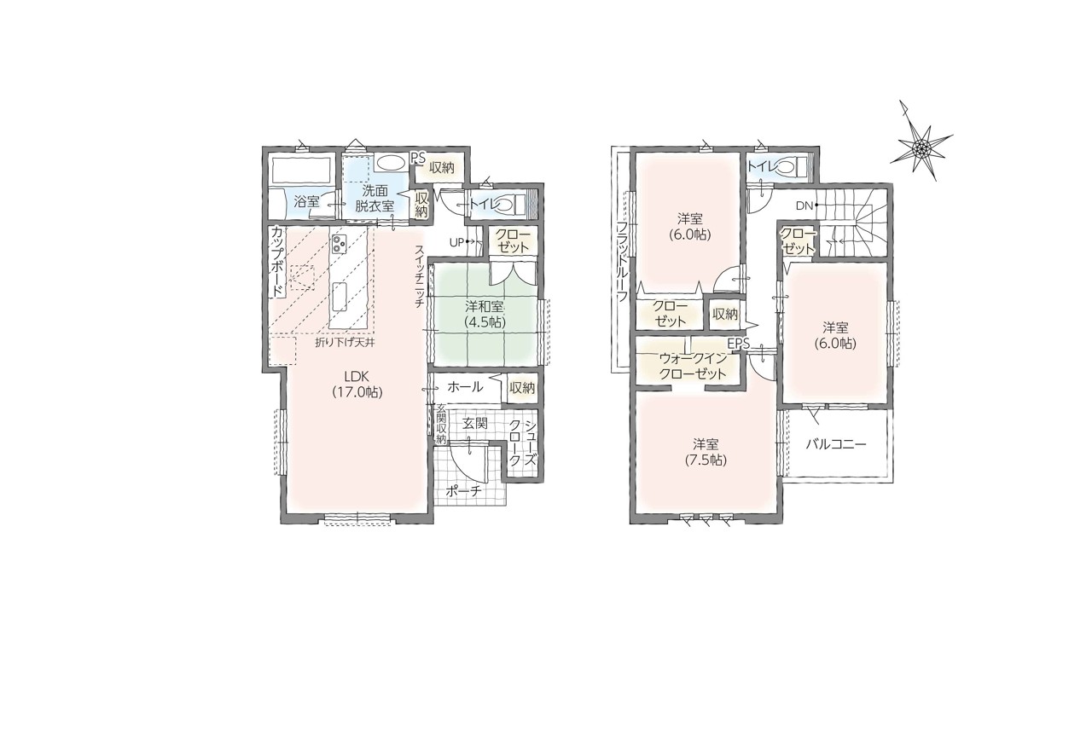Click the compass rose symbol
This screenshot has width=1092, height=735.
click(921, 146)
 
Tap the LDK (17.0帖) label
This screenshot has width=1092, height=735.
click(357, 385)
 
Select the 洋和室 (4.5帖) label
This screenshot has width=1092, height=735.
click(485, 315)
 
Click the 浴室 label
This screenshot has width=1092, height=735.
click(306, 201)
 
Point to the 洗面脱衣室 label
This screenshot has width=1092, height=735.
click(375, 198)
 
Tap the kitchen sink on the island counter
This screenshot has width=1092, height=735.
click(340, 297)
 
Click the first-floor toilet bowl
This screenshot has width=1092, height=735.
click(503, 204)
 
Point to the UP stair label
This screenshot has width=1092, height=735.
click(456, 242)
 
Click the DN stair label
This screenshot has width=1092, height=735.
click(804, 205)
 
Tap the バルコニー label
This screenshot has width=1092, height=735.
click(835, 444)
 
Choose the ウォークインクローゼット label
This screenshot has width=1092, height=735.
click(692, 366)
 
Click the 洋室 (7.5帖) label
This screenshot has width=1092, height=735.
click(706, 452)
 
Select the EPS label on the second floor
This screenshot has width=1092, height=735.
click(738, 344)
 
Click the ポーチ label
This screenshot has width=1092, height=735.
click(463, 491)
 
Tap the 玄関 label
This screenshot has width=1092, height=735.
click(475, 424)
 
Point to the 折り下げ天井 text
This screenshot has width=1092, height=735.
click(344, 343)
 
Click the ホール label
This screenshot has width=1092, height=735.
click(465, 387)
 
